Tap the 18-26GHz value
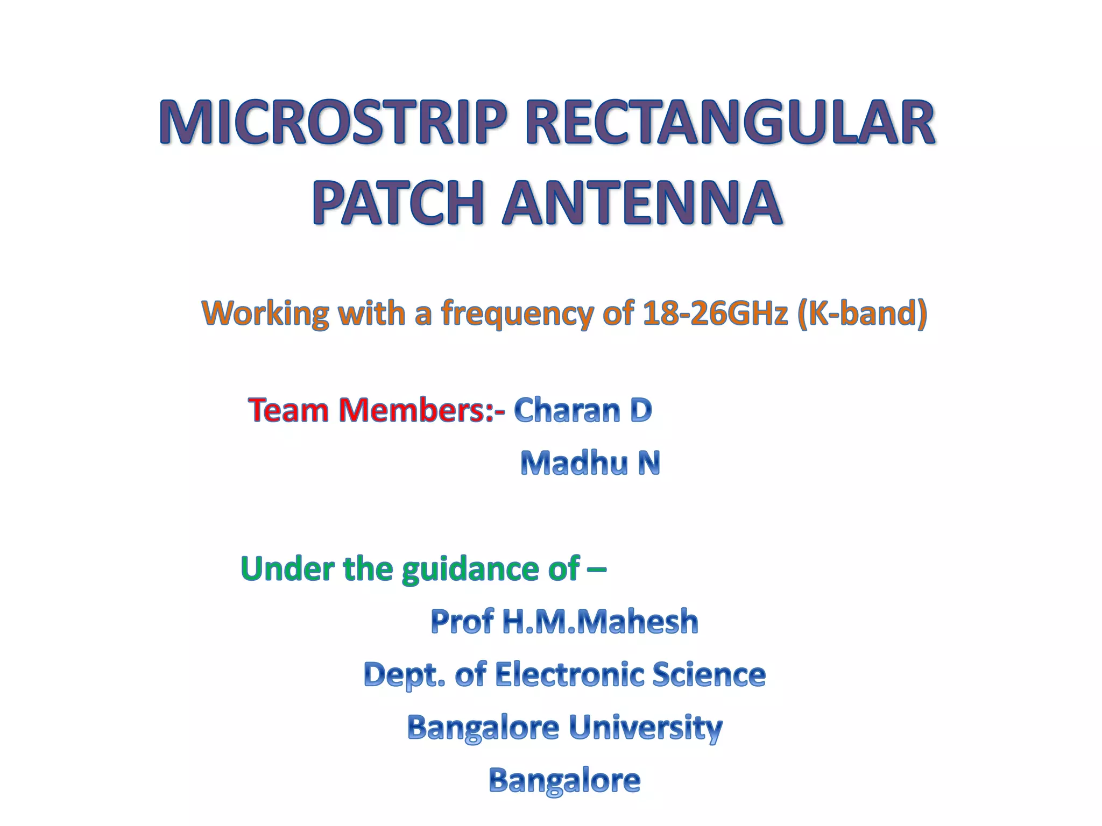(715, 313)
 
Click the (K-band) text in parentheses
(863, 313)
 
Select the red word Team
(288, 410)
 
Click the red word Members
(412, 410)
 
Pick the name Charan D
(583, 410)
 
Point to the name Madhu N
(590, 464)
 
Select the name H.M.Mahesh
(600, 622)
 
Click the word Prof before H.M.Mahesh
(462, 622)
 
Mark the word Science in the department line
(709, 674)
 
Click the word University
(645, 728)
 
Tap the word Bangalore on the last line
(564, 781)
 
